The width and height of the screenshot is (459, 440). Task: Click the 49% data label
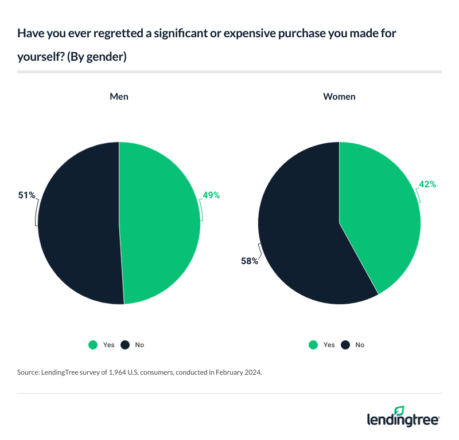[x=211, y=195]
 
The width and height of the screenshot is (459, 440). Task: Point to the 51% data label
[x=26, y=195]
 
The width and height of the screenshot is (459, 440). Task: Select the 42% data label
[x=427, y=184]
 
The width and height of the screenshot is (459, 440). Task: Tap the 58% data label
[x=249, y=261]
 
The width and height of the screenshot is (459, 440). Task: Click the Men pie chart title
[x=119, y=96]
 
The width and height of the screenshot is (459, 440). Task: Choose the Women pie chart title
[x=339, y=96]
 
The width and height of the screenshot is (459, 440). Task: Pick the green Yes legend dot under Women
[x=313, y=345]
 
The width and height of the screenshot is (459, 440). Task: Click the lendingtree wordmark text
[x=403, y=420]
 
